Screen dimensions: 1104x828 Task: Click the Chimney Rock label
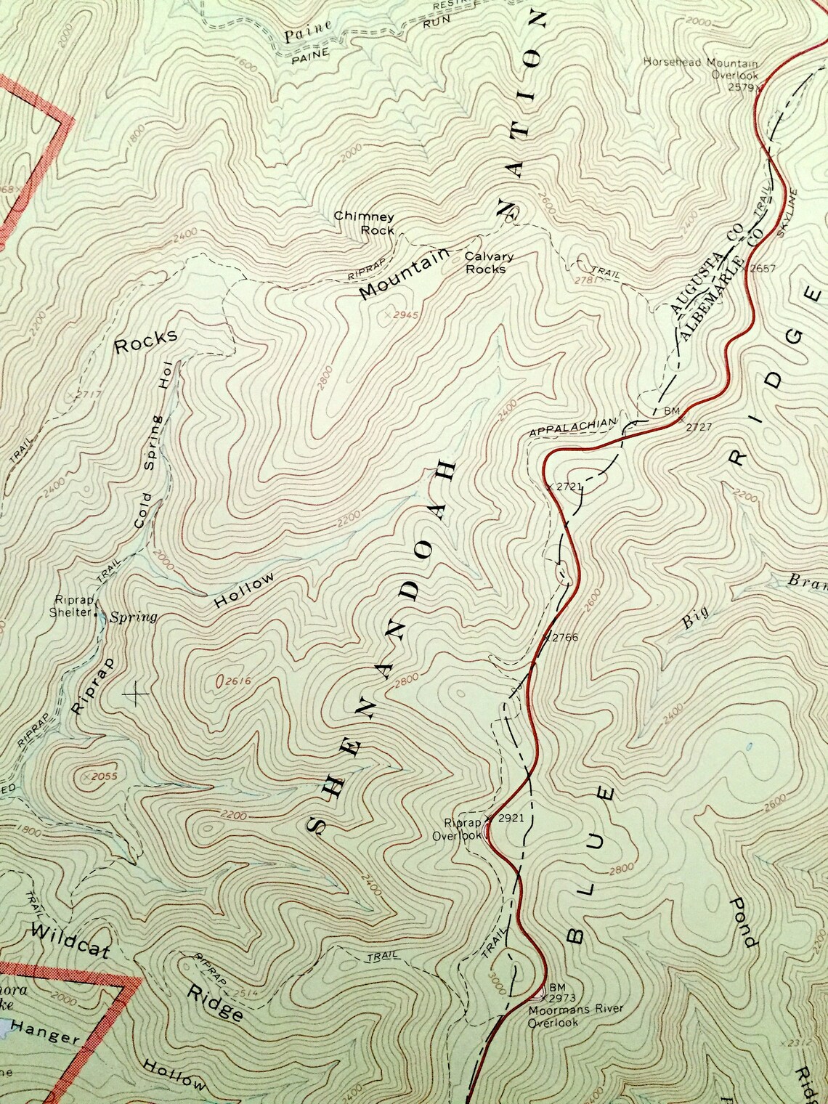coord(364,223)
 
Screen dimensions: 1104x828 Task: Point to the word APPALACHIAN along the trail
coord(572,428)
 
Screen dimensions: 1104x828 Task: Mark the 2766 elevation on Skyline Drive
coord(564,637)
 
